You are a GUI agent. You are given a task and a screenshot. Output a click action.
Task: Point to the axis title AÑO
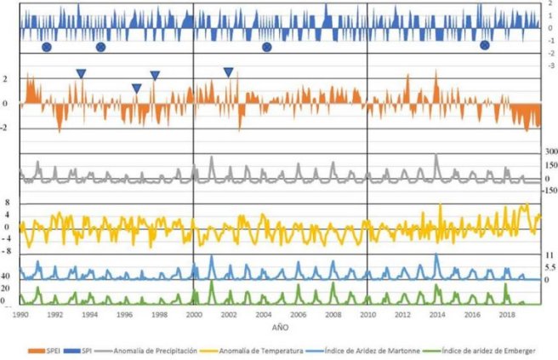click(280, 326)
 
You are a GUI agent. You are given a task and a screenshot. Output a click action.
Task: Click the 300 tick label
click(552, 151)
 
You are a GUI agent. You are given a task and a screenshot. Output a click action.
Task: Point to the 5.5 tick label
click(551, 267)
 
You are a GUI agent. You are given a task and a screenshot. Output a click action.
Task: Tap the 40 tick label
click(6, 276)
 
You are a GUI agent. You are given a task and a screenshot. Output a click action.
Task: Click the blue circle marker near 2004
click(266, 47)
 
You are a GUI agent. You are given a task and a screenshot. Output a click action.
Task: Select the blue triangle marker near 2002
click(228, 73)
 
